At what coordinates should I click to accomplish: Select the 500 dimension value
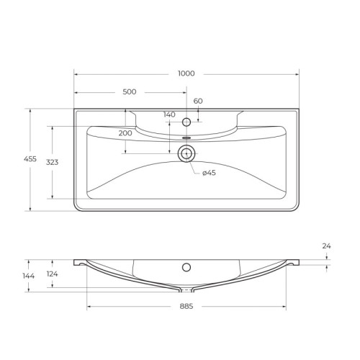pos(130,92)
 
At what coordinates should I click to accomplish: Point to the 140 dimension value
pos(169,114)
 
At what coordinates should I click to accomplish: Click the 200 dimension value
pos(125,134)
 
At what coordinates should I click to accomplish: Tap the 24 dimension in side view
pos(326,246)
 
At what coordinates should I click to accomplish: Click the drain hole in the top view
pos(186,152)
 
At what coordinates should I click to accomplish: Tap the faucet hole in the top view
pos(186,122)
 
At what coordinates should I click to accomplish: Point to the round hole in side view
pos(186,268)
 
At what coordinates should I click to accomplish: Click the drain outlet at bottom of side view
pos(186,291)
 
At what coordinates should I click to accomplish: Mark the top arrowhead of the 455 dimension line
pos(30,111)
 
